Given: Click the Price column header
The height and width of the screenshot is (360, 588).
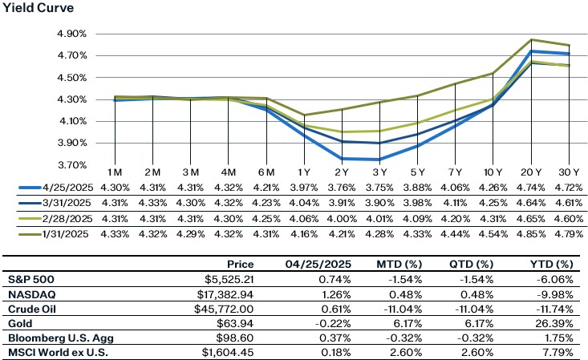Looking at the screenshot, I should tap(239, 264).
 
